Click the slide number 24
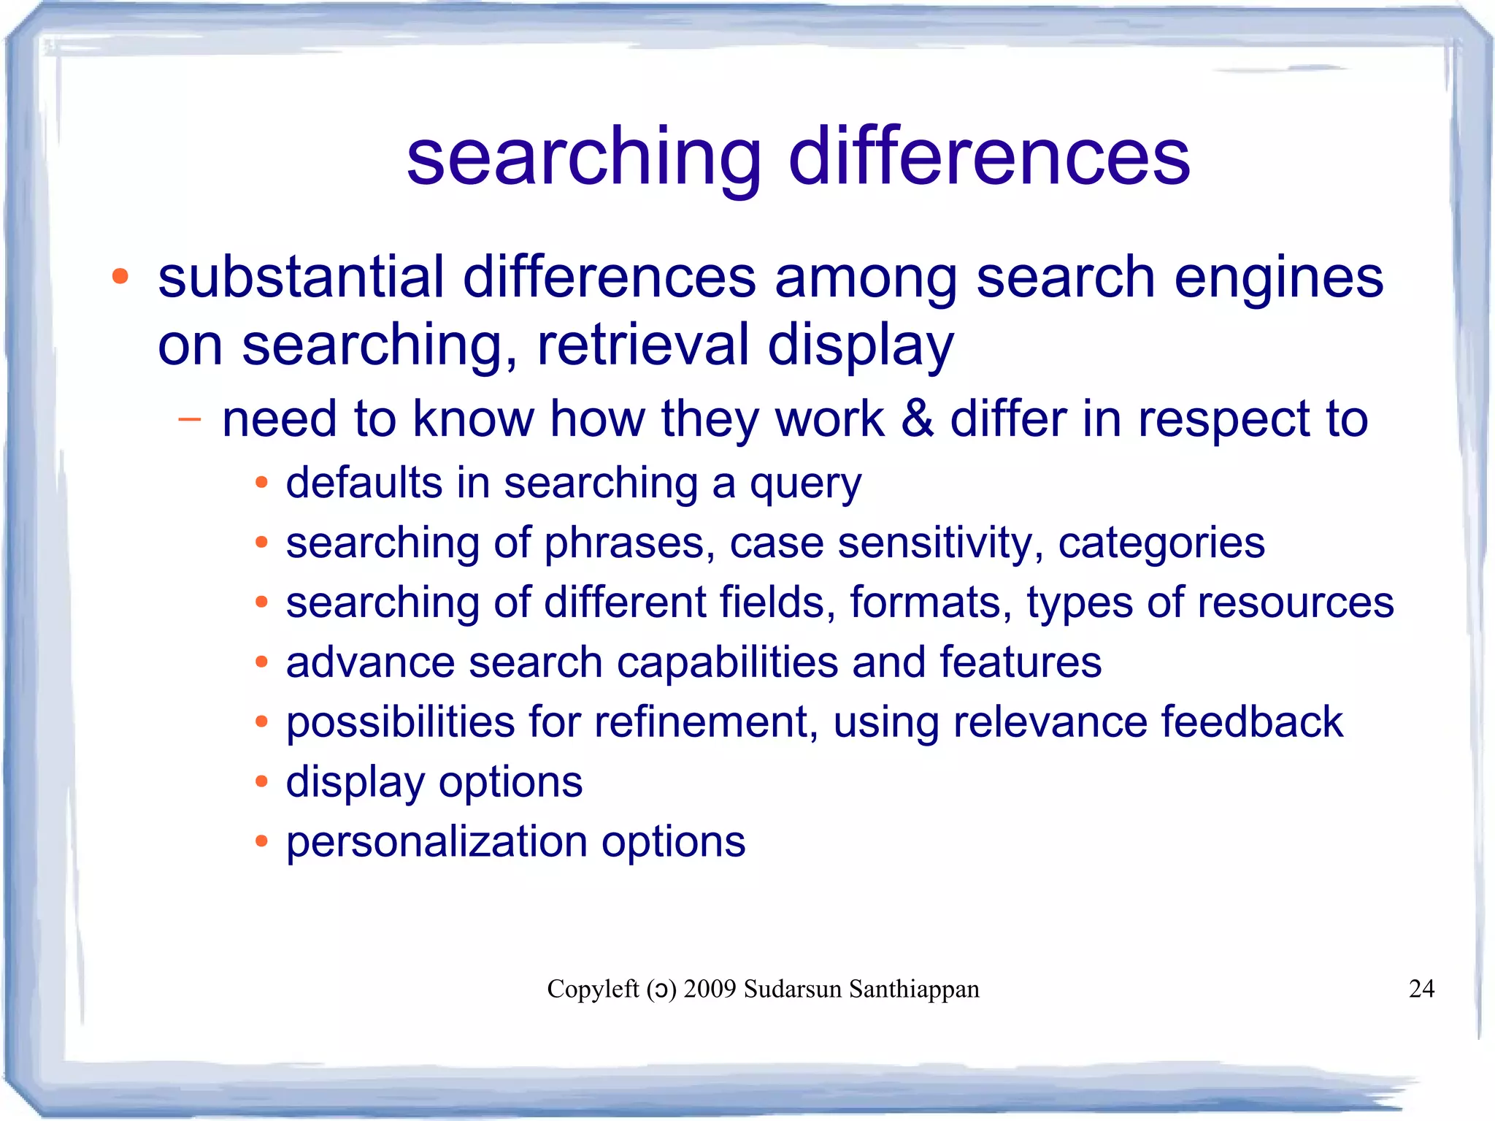tap(1421, 989)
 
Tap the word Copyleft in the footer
tap(593, 989)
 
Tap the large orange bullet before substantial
tap(120, 278)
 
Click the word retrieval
tap(643, 345)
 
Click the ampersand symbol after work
tap(917, 418)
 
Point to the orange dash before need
tap(189, 419)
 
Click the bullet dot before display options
tap(261, 782)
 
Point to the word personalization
tap(437, 842)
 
